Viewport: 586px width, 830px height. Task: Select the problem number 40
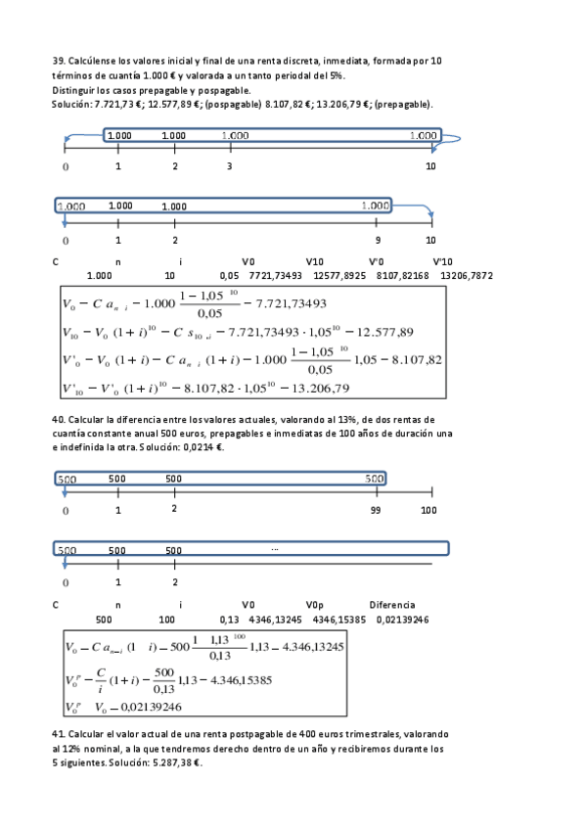pos(57,420)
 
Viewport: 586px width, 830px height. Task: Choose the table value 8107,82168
pos(402,277)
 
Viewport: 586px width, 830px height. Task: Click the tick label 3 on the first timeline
pos(229,166)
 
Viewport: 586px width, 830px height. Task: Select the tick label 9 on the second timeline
pos(378,240)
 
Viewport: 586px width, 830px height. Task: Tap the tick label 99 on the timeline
pos(376,511)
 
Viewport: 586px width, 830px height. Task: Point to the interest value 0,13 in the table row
pos(229,620)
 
